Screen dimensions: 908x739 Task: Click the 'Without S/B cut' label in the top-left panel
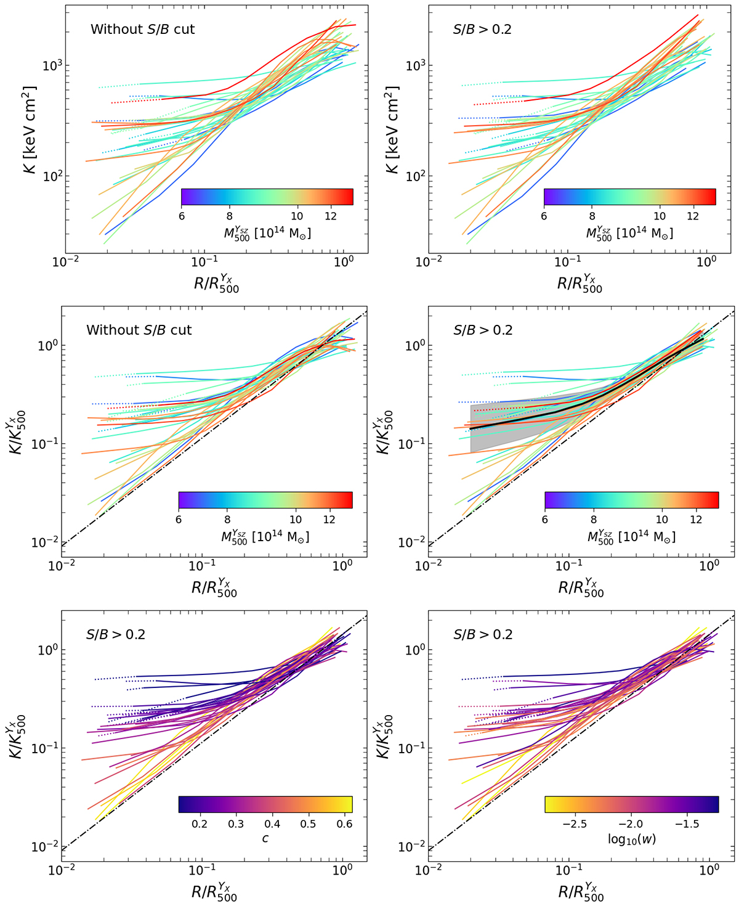(x=142, y=30)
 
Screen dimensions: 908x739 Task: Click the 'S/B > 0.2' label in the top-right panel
(x=482, y=30)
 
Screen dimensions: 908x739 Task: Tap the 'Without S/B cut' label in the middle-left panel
(x=139, y=330)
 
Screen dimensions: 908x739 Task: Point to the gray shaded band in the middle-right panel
(x=487, y=432)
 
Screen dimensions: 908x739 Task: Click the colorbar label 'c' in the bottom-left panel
(x=265, y=838)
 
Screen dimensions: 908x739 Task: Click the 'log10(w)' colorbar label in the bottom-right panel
(x=631, y=839)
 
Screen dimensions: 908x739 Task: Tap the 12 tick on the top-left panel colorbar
(x=330, y=216)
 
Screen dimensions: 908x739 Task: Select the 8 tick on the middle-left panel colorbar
(x=228, y=520)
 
